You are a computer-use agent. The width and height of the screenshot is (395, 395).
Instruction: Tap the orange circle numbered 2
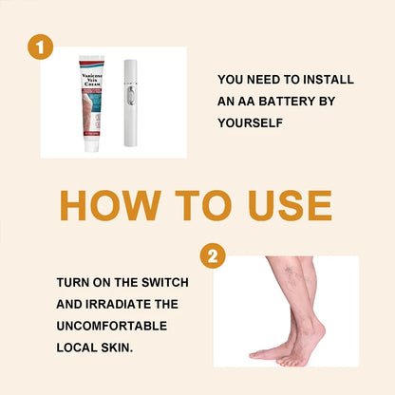tap(214, 255)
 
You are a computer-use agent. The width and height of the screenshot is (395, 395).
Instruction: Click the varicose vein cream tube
tap(98, 103)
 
